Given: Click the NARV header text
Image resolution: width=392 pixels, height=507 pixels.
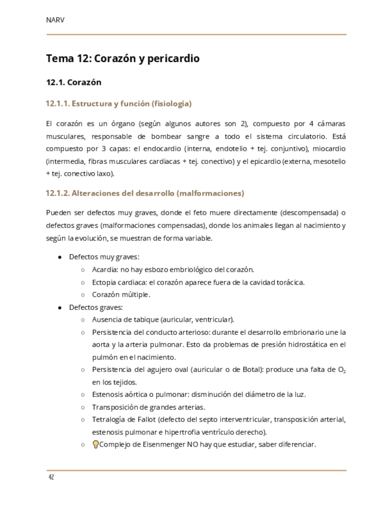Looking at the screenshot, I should (55, 20).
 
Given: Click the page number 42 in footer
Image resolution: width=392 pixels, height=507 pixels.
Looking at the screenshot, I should (51, 477).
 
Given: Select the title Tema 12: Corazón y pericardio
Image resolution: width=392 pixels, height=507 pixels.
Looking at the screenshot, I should (123, 59).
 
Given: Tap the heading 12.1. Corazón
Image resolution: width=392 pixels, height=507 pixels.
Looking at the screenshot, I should (74, 82).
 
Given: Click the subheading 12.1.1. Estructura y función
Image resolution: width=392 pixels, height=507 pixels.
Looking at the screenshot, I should (118, 103).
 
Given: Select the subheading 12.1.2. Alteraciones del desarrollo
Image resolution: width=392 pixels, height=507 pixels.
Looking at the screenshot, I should (144, 193).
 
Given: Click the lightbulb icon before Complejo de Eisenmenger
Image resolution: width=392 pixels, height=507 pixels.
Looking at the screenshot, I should (95, 444).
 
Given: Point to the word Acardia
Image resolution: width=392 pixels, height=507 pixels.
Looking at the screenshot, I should (104, 270).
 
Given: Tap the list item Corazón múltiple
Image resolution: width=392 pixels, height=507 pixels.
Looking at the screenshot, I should (121, 295).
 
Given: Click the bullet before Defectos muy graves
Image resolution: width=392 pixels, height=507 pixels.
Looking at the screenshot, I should (60, 257).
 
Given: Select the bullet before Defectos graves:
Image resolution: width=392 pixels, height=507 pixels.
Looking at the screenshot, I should (60, 307).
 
